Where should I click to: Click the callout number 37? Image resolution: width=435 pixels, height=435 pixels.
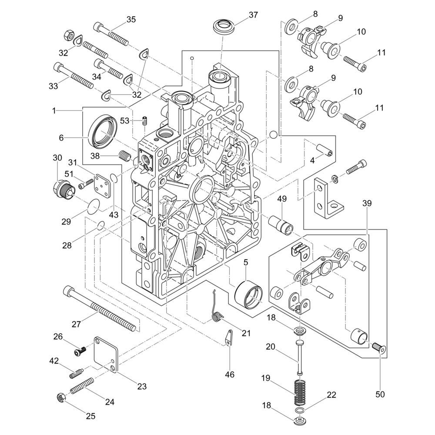coord(253,15)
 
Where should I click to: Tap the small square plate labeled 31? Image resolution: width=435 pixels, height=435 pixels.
coord(101,186)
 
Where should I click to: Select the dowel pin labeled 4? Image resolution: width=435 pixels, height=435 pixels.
coord(325,150)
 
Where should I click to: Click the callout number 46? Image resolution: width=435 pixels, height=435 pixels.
coord(229,374)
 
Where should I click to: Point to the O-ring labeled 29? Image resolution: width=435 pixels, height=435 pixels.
coord(92,207)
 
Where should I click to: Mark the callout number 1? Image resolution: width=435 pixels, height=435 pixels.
coord(54,111)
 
